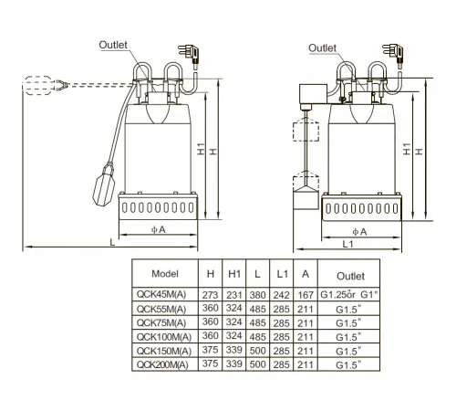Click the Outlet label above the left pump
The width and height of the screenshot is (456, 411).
pos(113,45)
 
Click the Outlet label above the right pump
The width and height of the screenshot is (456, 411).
pos(322,47)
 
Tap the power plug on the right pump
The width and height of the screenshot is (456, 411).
pos(394,54)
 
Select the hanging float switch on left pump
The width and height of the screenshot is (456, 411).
pos(104,184)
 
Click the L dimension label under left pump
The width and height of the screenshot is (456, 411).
pos(112,242)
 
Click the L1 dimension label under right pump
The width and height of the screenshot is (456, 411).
pos(348,244)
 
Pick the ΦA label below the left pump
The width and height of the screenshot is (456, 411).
pos(159,229)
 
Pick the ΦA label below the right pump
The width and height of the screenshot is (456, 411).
pos(359,232)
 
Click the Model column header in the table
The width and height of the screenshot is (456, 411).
pos(165,274)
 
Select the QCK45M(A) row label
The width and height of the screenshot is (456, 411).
pos(161,294)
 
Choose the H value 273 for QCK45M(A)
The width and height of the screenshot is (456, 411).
pos(211,295)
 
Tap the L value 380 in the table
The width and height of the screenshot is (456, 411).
pos(258,295)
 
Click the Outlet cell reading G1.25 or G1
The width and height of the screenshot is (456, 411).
pos(349,294)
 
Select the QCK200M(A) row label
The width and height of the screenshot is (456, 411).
pos(162,364)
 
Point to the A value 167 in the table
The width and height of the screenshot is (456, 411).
pos(306,295)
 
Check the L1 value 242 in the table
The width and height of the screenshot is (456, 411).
pos(282,295)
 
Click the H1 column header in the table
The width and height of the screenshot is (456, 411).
pos(234,274)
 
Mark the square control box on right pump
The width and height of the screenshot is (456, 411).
pos(314,94)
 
